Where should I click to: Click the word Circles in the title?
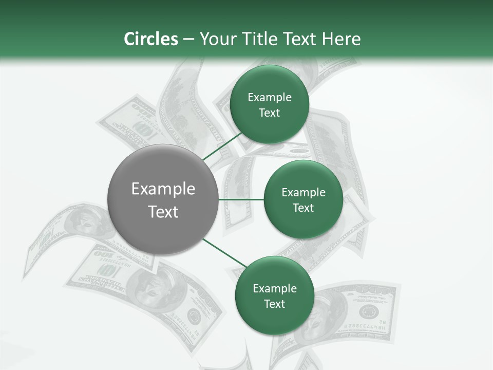pos(151,39)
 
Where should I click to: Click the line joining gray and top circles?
pos(222,146)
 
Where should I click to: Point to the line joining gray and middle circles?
pos(241,199)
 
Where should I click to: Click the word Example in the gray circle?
pos(163,189)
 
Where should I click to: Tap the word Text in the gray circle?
pos(163,212)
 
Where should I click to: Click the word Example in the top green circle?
pos(270,98)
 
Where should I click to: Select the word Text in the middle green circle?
pos(303,208)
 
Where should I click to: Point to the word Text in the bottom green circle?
pos(274,304)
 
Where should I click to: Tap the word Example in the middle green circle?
pos(304,192)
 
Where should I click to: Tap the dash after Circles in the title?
pos(188,40)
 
